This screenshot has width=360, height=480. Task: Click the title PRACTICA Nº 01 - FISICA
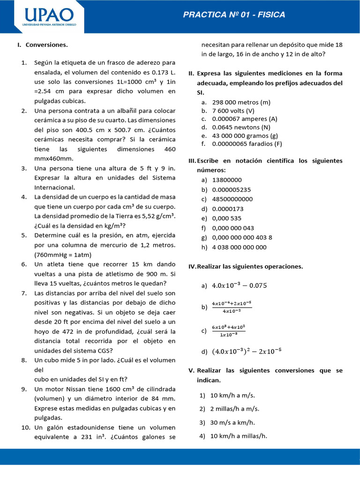234,15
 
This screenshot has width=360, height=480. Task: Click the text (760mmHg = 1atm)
63,255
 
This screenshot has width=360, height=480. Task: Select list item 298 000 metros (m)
241,102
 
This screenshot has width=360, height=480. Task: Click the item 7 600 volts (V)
233,111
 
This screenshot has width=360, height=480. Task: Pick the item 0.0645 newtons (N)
241,127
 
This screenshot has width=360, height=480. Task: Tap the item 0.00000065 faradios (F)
247,144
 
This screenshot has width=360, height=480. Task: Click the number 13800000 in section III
227,180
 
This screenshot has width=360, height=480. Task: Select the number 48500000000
232,199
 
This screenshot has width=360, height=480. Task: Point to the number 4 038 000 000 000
239,247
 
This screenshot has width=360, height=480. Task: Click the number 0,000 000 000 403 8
242,237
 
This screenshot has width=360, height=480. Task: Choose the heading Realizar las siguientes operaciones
250,266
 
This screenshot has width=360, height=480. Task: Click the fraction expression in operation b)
232,307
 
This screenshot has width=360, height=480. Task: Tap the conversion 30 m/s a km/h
232,422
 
